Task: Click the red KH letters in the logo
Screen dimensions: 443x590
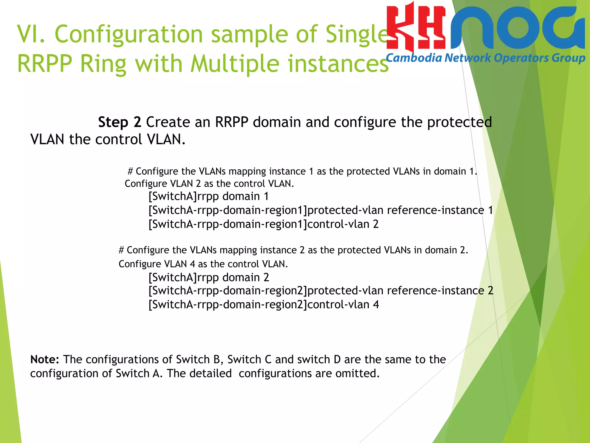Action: tap(416, 29)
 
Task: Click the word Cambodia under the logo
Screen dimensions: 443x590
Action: tap(414, 58)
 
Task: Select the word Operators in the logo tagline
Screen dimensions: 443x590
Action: tap(521, 58)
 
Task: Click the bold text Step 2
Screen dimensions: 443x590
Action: tap(120, 122)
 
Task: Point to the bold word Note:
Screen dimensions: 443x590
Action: tap(45, 360)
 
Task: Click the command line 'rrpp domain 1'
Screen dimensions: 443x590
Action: tap(209, 197)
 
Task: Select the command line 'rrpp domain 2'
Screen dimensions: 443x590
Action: tap(209, 278)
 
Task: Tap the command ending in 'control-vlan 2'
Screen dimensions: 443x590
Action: tap(263, 224)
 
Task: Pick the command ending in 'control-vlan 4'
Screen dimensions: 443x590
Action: tap(263, 305)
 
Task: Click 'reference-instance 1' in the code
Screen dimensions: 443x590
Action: tap(440, 210)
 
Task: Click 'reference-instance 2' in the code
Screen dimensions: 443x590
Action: tap(440, 291)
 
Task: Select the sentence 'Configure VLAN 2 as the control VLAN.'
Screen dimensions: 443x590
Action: tap(209, 184)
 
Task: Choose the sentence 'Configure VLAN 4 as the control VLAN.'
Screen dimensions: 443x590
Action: tap(203, 264)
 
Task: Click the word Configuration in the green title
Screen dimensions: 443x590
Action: tap(129, 34)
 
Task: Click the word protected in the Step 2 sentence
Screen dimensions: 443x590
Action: tap(459, 122)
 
